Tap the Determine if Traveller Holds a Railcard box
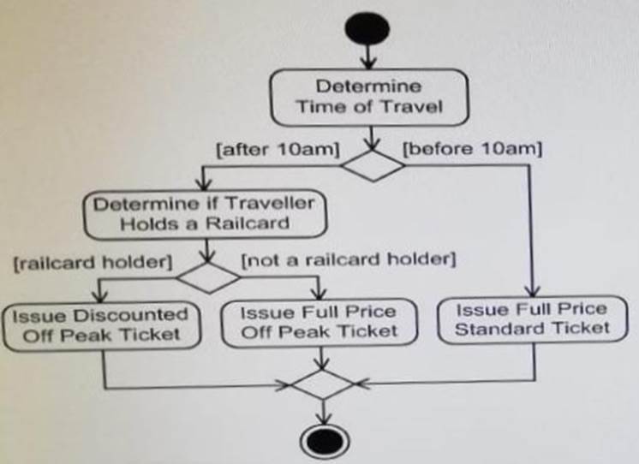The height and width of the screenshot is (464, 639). point(205,213)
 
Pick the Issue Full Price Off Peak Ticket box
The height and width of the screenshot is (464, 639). point(319,321)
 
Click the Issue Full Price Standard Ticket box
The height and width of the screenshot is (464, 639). point(532,318)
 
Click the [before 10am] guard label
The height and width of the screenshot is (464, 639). point(471,150)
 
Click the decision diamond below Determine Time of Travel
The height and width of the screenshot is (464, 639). point(373,164)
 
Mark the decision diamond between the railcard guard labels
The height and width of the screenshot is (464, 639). point(207,277)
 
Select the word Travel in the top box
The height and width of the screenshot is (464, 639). point(414,107)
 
